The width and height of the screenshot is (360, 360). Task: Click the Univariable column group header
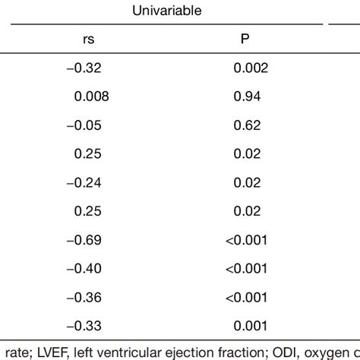coord(165,11)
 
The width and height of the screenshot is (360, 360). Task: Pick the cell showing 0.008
coord(91,96)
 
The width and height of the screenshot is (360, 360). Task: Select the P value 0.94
coord(247,96)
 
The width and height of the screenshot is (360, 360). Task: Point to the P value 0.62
coord(247,125)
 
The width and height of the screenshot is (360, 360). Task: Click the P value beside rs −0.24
coord(247,182)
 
